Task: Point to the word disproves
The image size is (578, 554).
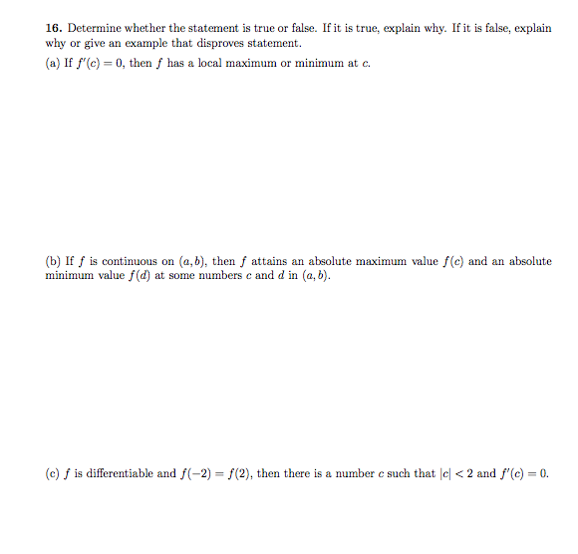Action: point(226,44)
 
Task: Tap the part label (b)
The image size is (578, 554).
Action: point(54,261)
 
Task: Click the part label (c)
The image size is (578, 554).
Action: point(53,473)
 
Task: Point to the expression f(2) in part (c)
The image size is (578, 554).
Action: point(245,473)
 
